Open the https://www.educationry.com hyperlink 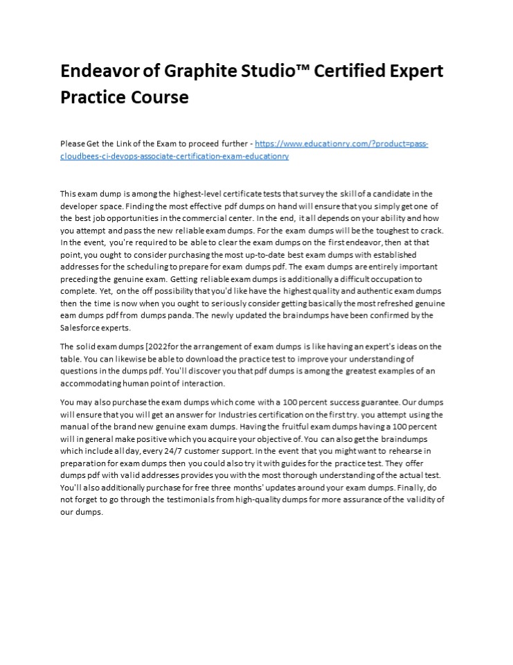(341, 144)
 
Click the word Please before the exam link (73, 144)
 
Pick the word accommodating (90, 383)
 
